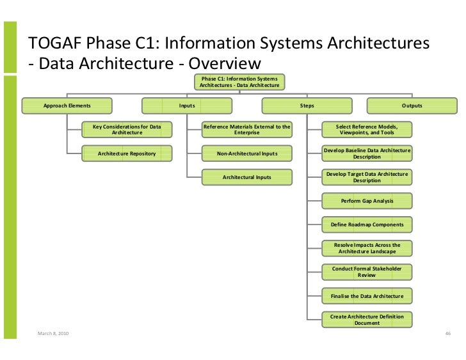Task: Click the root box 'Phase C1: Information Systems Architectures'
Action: (x=239, y=81)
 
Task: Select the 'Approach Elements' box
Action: (x=67, y=106)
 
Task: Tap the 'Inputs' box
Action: (x=187, y=106)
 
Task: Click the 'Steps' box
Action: (x=307, y=106)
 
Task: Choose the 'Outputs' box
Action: (x=412, y=106)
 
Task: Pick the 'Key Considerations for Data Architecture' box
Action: (x=127, y=130)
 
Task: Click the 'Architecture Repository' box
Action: (x=127, y=153)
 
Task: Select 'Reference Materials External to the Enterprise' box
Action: (x=247, y=130)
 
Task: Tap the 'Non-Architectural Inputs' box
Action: (x=247, y=153)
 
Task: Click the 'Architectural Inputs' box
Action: (x=247, y=177)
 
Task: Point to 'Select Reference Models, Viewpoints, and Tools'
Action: (x=367, y=130)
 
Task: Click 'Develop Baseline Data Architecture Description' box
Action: (x=367, y=153)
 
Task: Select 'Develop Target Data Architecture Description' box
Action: (x=367, y=177)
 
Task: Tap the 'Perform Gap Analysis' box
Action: (x=367, y=201)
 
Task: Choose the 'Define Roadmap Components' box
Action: (x=367, y=224)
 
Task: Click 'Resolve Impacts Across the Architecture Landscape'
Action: (x=367, y=248)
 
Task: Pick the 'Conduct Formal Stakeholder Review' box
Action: (x=367, y=272)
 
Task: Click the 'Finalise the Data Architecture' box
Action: (x=367, y=296)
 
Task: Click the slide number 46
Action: (x=448, y=334)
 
